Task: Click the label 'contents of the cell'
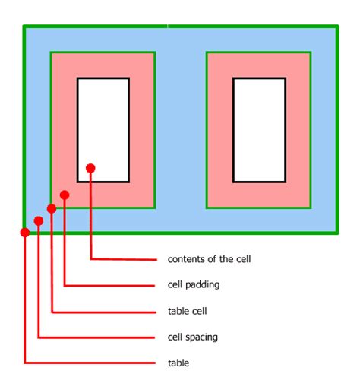(209, 259)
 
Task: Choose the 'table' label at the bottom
(178, 363)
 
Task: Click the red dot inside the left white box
(90, 168)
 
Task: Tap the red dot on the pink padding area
(65, 195)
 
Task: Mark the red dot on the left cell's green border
(52, 208)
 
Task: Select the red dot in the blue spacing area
(39, 221)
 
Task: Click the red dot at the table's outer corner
(25, 233)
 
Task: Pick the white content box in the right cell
(259, 130)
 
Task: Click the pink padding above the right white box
(259, 65)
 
